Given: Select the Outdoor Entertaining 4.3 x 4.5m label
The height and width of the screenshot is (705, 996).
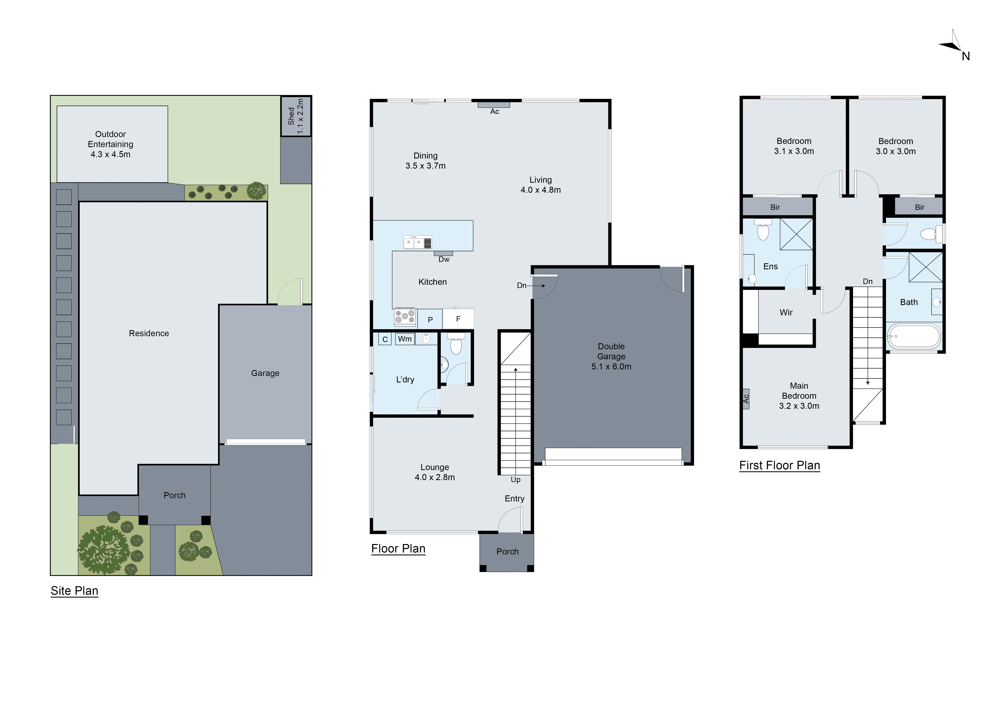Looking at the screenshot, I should tap(111, 144).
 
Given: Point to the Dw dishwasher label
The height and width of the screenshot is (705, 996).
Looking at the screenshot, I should tap(444, 259).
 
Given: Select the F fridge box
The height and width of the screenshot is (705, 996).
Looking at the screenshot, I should tap(458, 319).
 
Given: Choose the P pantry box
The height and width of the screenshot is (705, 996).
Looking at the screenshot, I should tap(430, 320).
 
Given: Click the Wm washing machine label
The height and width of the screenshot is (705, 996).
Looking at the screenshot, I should tap(405, 339).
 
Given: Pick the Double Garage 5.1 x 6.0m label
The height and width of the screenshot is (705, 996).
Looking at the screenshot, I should tap(611, 356).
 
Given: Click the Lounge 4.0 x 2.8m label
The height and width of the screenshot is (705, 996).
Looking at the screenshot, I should tap(435, 472).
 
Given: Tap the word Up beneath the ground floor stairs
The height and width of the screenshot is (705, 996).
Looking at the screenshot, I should tap(515, 480).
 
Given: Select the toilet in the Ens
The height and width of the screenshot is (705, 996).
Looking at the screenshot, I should tap(763, 231).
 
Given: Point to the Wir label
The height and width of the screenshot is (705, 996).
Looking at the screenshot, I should tap(786, 313).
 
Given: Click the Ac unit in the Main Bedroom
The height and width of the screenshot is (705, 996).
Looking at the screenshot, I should tap(746, 399).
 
